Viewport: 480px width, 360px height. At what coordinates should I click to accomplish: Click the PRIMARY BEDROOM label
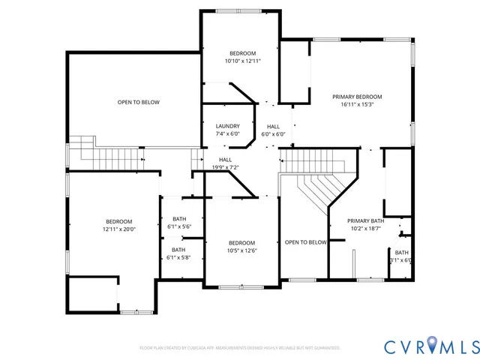click(357, 97)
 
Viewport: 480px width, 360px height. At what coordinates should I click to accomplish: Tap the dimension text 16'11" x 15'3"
click(357, 105)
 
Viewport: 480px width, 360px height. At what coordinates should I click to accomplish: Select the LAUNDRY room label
click(227, 126)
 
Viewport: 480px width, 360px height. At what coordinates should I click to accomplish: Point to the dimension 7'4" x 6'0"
click(227, 134)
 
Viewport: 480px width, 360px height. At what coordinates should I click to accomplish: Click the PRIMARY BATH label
click(365, 220)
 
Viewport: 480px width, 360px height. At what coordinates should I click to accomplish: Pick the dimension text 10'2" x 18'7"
click(365, 229)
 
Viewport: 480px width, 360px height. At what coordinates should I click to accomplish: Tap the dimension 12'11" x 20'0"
click(118, 229)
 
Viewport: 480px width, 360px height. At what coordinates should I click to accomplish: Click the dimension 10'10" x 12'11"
click(242, 61)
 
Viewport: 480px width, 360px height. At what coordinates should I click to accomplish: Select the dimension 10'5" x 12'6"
click(241, 250)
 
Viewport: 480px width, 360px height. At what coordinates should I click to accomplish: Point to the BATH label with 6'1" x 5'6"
click(178, 219)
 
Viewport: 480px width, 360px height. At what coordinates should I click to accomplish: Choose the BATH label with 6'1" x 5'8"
click(178, 250)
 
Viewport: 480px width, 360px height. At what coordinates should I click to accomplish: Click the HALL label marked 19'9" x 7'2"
click(225, 160)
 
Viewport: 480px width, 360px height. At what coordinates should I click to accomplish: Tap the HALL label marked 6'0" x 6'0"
click(273, 126)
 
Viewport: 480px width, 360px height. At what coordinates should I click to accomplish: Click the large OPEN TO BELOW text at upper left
click(138, 102)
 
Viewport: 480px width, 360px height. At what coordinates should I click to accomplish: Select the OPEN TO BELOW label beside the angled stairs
click(305, 242)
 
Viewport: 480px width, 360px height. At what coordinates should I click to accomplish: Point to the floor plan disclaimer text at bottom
click(240, 348)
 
